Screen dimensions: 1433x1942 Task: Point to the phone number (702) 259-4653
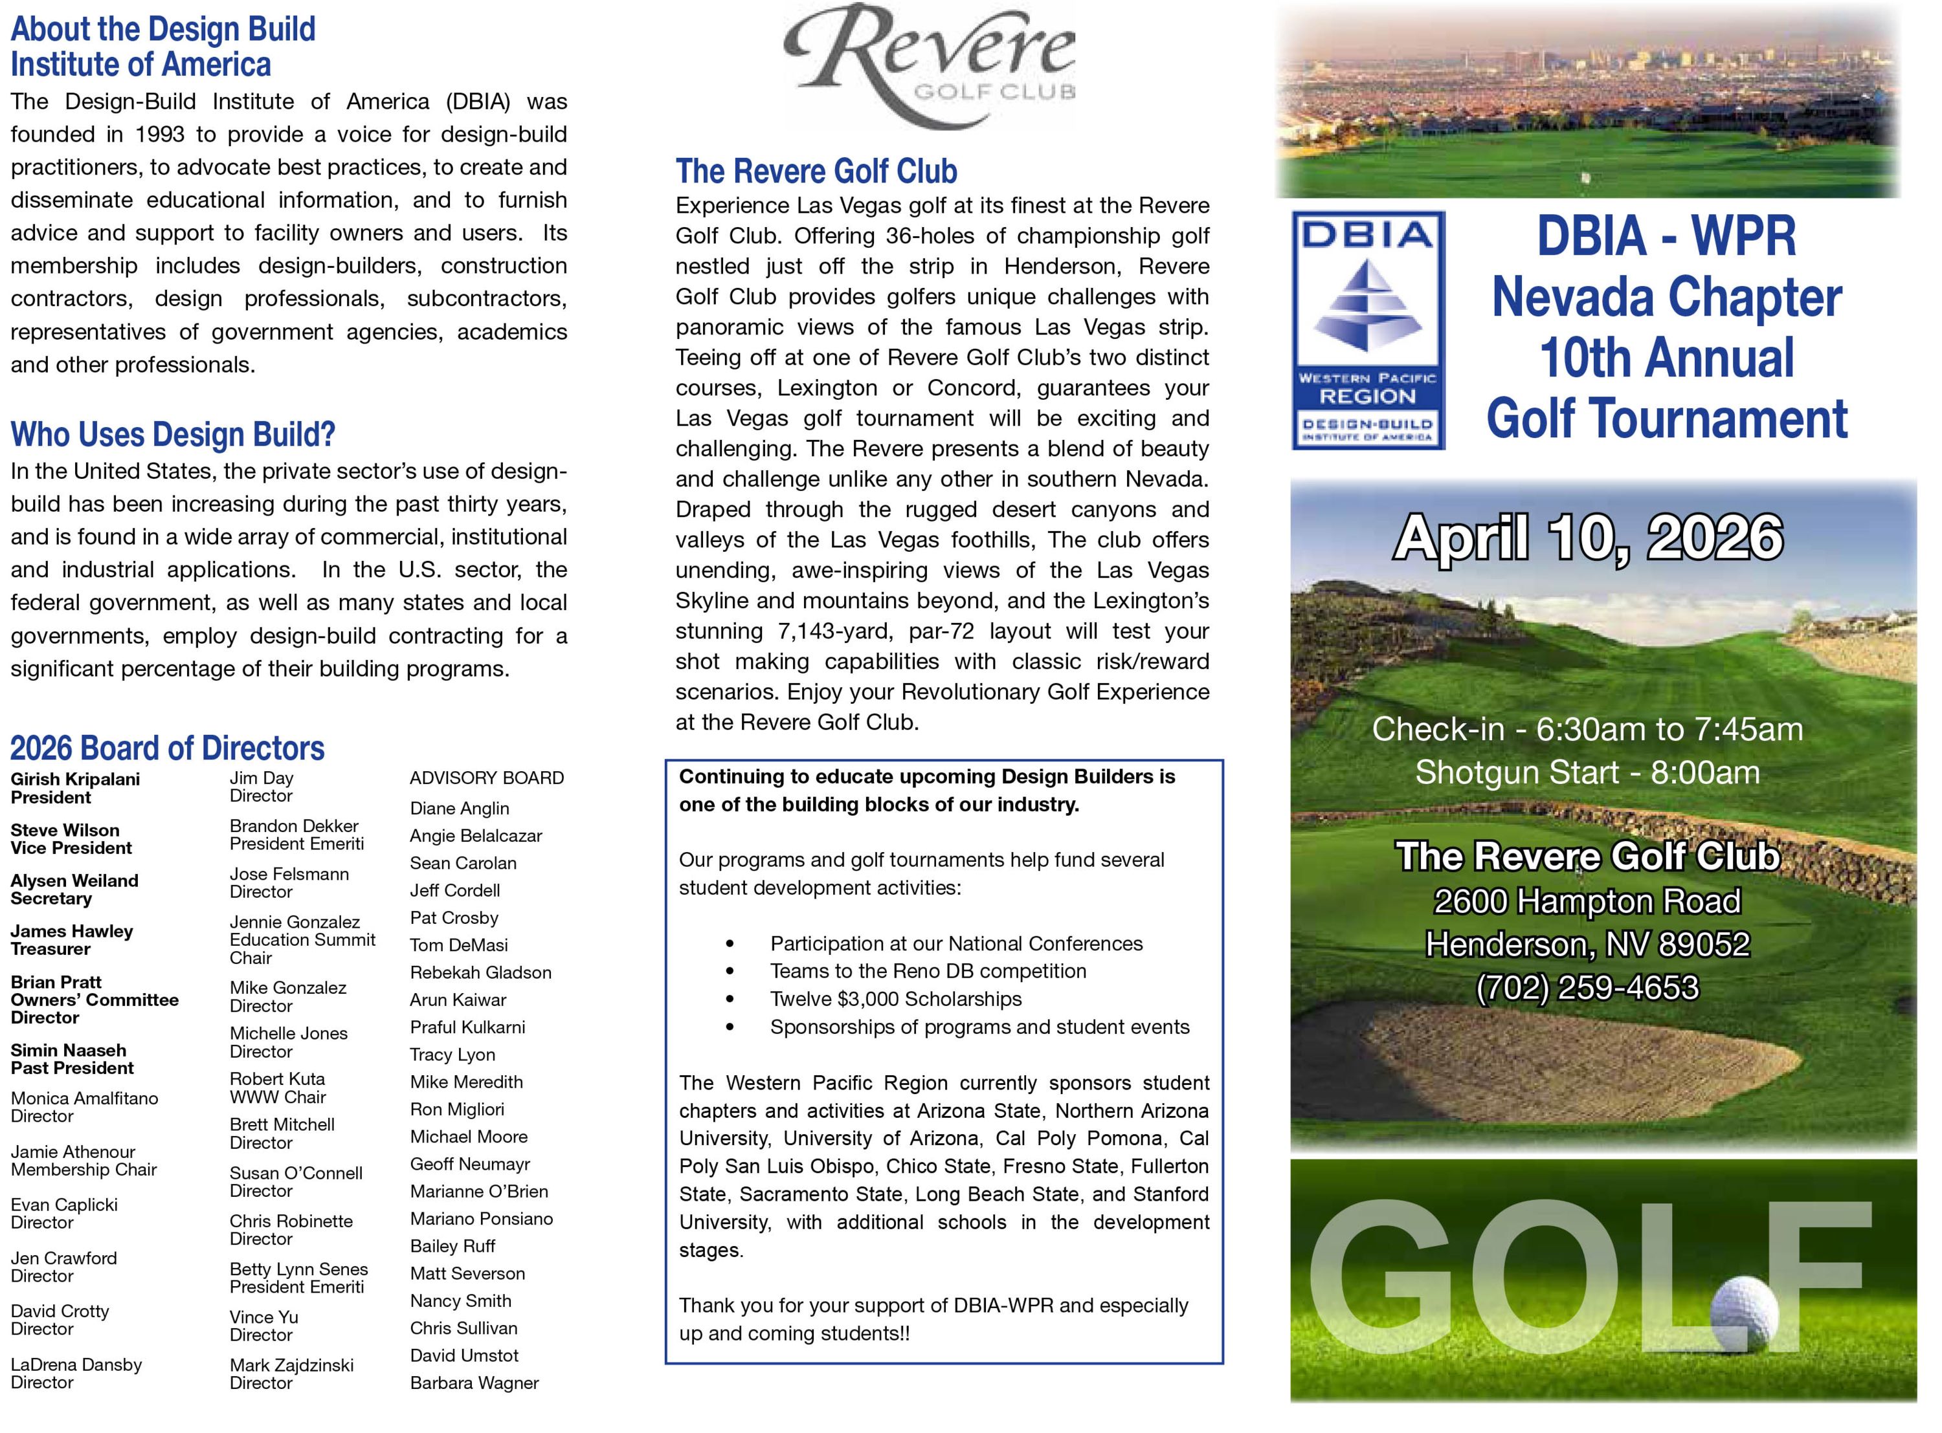(1587, 987)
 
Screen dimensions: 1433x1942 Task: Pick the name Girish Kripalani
(76, 779)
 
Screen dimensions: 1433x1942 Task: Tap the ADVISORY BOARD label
(487, 778)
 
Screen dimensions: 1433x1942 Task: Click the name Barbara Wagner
(474, 1383)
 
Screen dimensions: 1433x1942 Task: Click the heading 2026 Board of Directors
(168, 748)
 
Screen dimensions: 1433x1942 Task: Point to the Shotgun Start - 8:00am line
(1587, 772)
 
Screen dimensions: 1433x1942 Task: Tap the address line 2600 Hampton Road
(1587, 901)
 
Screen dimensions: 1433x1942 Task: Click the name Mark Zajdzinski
(291, 1364)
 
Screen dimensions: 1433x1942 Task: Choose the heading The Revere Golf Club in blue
(816, 171)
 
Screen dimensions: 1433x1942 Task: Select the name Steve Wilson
(65, 830)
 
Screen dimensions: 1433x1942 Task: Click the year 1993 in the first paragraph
(160, 135)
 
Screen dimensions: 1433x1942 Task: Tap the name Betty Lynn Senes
(298, 1269)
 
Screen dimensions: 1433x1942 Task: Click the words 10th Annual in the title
(1666, 357)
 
